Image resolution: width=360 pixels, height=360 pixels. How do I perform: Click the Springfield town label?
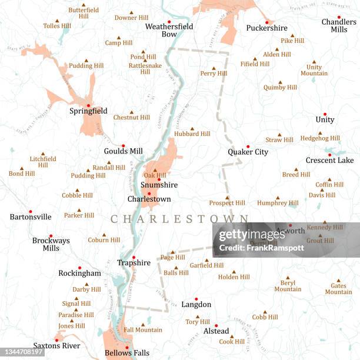click(88, 111)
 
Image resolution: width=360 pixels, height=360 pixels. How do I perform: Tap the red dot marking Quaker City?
click(248, 146)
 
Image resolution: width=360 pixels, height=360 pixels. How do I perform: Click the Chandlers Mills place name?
click(338, 26)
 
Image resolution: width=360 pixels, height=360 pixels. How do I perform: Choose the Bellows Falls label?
click(126, 353)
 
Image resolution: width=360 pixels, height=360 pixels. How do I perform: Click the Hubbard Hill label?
click(192, 134)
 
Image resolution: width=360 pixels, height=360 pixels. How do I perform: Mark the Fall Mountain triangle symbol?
click(142, 324)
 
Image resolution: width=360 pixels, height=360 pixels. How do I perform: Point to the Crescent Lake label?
click(329, 160)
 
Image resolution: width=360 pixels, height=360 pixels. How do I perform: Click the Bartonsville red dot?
click(30, 211)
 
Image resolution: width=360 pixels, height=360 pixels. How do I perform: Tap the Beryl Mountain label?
click(288, 285)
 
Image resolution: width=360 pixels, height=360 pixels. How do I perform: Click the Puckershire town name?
click(266, 28)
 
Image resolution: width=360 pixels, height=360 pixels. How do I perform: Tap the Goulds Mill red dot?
click(124, 146)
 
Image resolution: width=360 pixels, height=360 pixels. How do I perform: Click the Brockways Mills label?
click(51, 244)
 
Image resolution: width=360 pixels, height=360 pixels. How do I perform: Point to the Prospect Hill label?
click(227, 203)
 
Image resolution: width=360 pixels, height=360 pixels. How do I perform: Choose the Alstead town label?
click(216, 331)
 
